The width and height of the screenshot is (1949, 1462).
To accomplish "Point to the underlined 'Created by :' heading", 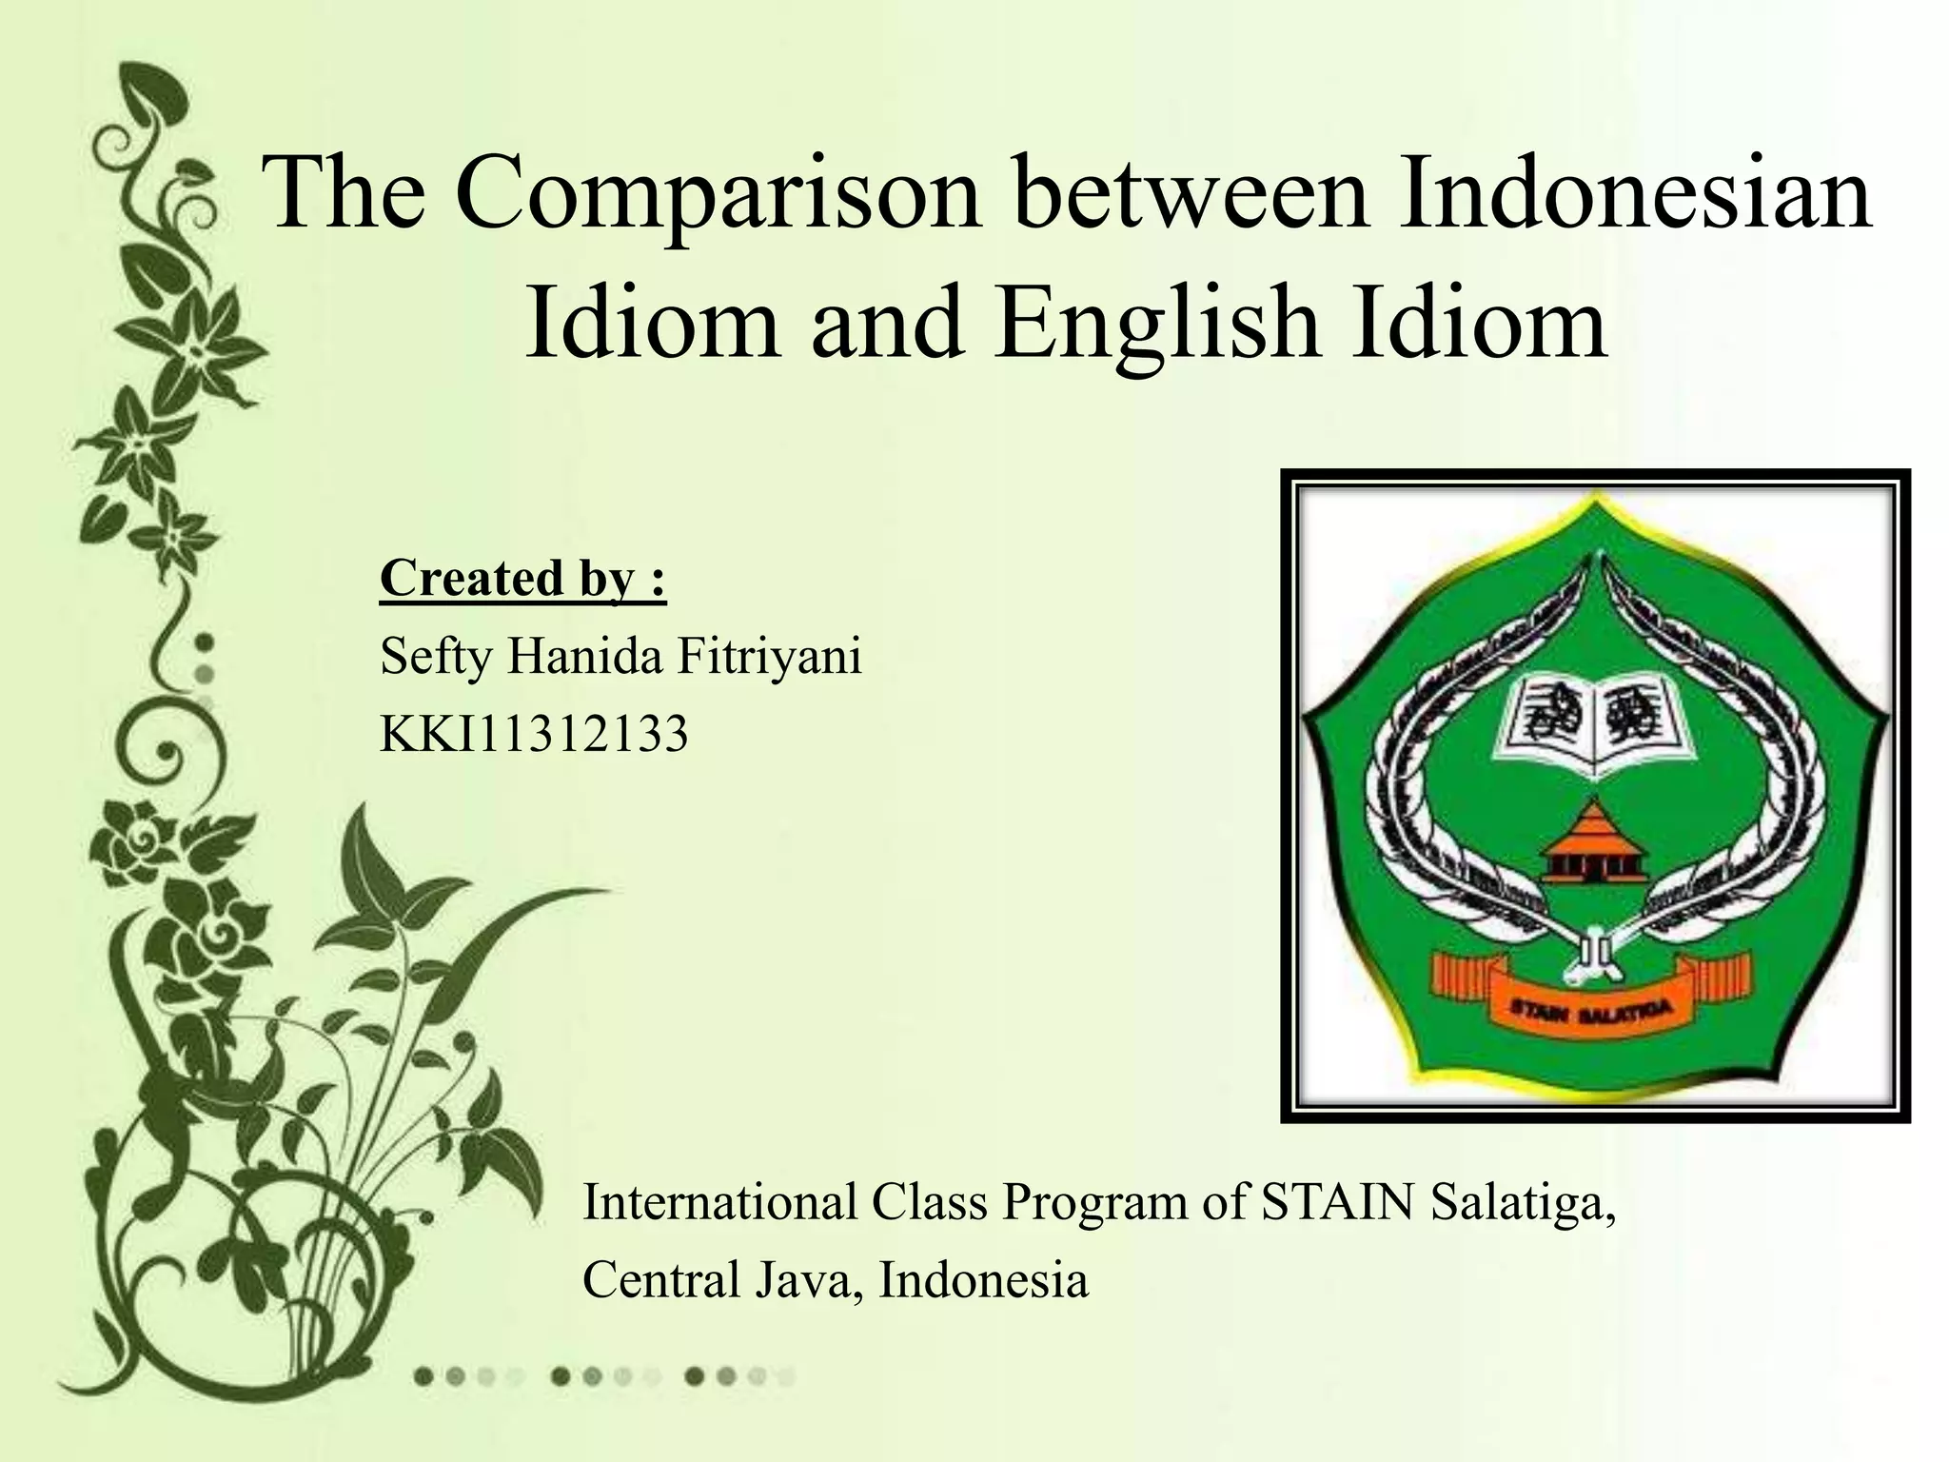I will [x=522, y=578].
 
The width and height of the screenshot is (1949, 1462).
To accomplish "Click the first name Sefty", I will [x=435, y=656].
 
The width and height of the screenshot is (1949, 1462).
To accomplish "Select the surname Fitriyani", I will [x=769, y=656].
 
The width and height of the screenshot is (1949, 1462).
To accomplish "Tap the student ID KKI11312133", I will [x=534, y=734].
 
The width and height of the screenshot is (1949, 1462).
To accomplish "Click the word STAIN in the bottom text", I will [x=1337, y=1201].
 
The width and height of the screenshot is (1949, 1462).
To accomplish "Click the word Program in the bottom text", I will [x=1093, y=1203].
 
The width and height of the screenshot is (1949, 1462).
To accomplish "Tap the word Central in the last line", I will [x=661, y=1279].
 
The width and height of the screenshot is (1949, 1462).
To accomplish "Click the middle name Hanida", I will [x=584, y=656].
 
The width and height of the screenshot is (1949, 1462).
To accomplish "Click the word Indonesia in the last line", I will [x=983, y=1279].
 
